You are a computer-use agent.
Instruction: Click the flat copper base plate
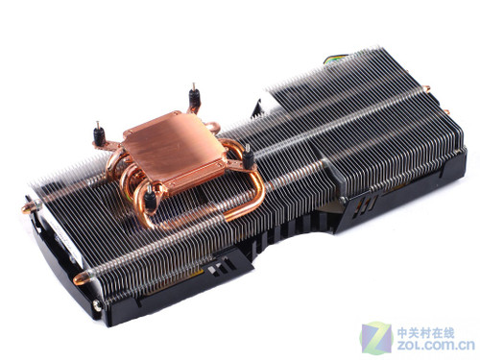click(x=175, y=152)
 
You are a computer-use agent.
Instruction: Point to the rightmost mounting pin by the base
click(x=248, y=156)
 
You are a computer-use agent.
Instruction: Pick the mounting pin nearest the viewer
click(x=150, y=199)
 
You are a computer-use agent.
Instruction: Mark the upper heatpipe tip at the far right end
click(x=426, y=89)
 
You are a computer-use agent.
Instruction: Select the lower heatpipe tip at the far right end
click(x=445, y=111)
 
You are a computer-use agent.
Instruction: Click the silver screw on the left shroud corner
click(x=97, y=305)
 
